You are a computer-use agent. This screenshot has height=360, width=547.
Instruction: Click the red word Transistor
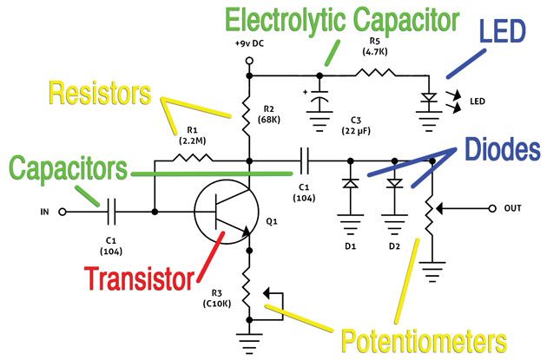point(138,280)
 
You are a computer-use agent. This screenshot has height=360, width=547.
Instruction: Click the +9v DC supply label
point(248,43)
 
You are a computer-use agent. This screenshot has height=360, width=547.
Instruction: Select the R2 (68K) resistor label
point(269,115)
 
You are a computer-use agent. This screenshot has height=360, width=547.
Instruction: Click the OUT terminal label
point(511,208)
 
